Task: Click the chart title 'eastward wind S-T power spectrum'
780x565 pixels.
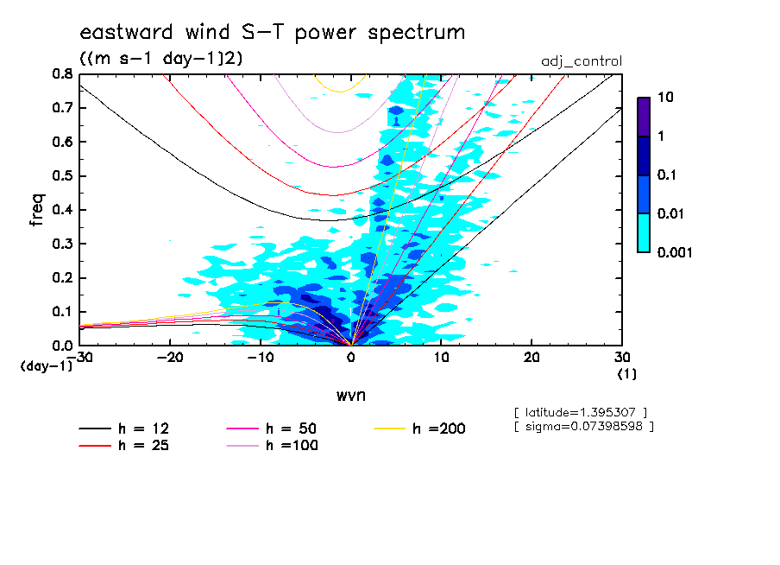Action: pos(272,33)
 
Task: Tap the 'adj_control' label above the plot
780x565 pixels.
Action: pos(581,61)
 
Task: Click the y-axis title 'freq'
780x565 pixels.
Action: pos(37,210)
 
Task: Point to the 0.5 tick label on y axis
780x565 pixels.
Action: pos(61,175)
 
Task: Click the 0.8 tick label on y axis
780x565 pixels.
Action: pos(61,74)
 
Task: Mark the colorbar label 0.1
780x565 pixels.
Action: pos(670,175)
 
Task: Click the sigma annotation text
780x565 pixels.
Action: pos(582,426)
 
